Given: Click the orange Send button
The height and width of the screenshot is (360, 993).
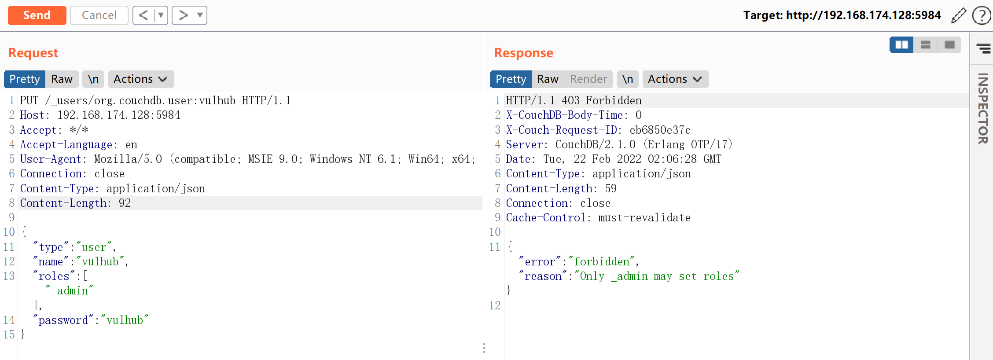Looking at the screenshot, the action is pyautogui.click(x=37, y=15).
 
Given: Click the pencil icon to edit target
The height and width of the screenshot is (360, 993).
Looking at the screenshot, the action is pyautogui.click(x=959, y=15).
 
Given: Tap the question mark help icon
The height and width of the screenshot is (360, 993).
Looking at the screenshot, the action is pyautogui.click(x=982, y=15).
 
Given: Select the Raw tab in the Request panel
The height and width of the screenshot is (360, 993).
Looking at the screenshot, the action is pyautogui.click(x=62, y=79).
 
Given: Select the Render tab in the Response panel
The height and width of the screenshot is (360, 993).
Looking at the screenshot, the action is pyautogui.click(x=588, y=79).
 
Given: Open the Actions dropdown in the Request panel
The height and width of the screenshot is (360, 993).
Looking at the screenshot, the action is pyautogui.click(x=141, y=79).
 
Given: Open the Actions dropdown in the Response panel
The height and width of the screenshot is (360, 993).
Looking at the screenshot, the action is pyautogui.click(x=675, y=79).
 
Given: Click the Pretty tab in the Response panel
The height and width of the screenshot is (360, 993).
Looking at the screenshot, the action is pyautogui.click(x=511, y=79).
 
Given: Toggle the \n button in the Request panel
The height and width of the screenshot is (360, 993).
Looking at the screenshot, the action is pyautogui.click(x=93, y=79).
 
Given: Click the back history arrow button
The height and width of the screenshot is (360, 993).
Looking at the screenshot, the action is pyautogui.click(x=143, y=15).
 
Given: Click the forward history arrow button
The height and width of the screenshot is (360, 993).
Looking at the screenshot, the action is pyautogui.click(x=183, y=15).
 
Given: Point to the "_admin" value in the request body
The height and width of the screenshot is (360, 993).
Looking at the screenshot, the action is pyautogui.click(x=70, y=291).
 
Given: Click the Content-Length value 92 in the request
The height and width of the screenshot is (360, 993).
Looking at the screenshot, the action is pyautogui.click(x=125, y=203).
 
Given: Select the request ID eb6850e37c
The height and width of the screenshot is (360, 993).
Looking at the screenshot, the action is pyautogui.click(x=660, y=130).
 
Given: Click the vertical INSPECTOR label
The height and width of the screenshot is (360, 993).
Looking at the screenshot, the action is pyautogui.click(x=983, y=109).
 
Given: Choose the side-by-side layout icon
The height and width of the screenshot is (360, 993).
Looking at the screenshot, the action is pyautogui.click(x=901, y=45).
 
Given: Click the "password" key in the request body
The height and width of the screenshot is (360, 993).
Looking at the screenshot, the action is pyautogui.click(x=63, y=320).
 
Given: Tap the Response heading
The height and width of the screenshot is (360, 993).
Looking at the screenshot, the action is pyautogui.click(x=523, y=53).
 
